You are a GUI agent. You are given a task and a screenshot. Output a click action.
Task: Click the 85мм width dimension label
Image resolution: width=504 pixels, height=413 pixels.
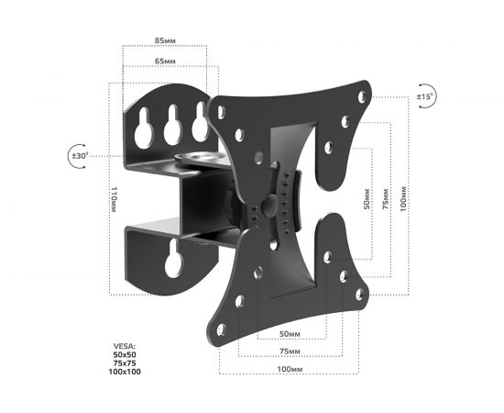coord(166,41)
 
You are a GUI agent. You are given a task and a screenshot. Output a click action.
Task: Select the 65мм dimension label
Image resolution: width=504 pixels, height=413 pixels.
coord(166,60)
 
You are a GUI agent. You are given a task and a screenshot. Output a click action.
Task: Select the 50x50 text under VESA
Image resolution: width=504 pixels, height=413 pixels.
coord(122,355)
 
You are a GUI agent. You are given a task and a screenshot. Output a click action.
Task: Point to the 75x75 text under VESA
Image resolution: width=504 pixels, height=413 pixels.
coord(122,363)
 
